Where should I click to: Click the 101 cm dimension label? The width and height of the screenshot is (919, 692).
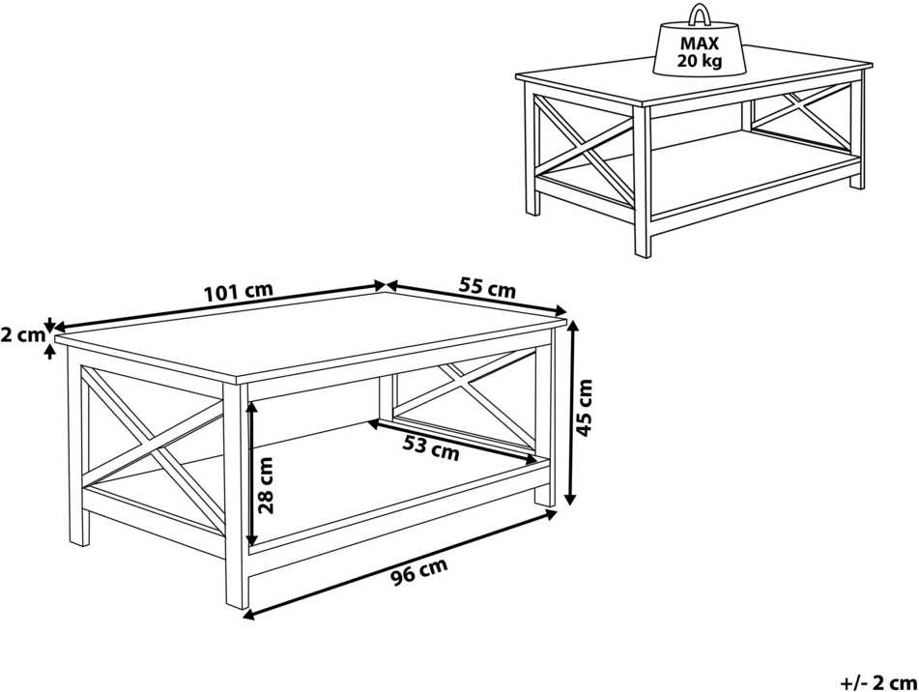click(x=238, y=291)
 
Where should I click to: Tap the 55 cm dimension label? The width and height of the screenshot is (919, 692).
click(x=487, y=288)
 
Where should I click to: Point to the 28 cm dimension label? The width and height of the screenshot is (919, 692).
click(x=266, y=485)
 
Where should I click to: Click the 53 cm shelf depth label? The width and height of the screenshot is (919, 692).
click(x=431, y=448)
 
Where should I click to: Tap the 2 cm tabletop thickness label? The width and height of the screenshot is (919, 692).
click(x=23, y=335)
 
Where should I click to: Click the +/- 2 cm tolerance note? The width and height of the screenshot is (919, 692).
click(x=878, y=682)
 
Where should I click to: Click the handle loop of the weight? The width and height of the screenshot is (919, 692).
click(x=700, y=14)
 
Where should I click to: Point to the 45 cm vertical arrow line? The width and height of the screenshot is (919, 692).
click(x=571, y=412)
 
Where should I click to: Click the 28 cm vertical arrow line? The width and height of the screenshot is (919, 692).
click(x=251, y=474)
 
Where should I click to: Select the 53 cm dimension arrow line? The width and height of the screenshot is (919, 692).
click(x=452, y=442)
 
